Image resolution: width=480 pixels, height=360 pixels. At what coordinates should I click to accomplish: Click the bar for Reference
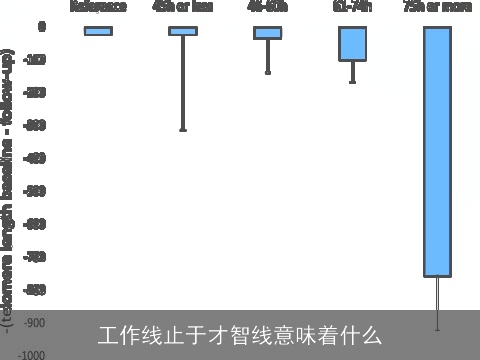pos(98,31)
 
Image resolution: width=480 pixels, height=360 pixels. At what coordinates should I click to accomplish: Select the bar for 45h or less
pos(183,31)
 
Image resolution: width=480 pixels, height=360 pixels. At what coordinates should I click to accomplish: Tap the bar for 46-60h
pos(267,33)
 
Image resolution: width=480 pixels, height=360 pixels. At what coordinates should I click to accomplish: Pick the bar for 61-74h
pos(352,44)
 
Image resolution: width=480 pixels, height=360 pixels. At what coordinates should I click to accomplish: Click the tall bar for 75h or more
pos(437,151)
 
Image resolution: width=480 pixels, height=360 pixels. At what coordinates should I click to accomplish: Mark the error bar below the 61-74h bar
pos(352,72)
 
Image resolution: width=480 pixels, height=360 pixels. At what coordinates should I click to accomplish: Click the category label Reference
pos(98,6)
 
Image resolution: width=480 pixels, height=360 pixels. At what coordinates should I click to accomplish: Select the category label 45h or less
pos(183,6)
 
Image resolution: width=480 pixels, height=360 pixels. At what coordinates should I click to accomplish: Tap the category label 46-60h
pos(267,6)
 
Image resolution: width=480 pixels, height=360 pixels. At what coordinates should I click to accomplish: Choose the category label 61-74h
pos(352,6)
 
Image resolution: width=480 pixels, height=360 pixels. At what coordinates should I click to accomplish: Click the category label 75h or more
pos(436,6)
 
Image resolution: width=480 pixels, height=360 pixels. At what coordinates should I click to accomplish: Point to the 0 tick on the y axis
pos(41,27)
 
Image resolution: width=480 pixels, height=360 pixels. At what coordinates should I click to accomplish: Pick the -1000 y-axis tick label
pos(31,355)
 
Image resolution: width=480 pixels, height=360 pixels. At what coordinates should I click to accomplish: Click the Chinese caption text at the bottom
pos(240,334)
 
